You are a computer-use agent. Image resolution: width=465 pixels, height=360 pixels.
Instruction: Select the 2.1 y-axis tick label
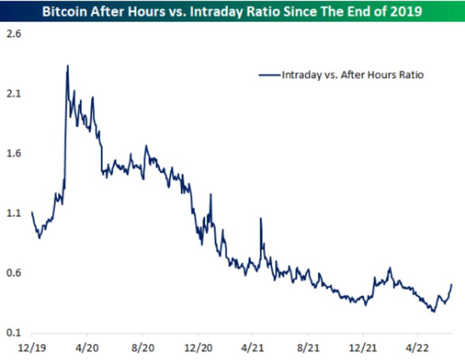[x=13, y=94]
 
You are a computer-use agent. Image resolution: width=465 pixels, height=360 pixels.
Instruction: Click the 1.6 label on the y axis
[x=13, y=154]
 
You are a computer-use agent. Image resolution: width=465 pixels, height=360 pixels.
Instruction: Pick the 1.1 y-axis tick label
[x=13, y=213]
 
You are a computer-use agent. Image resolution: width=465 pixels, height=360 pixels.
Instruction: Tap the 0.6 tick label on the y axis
[x=13, y=273]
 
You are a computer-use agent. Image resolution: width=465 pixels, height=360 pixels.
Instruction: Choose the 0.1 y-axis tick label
[x=13, y=333]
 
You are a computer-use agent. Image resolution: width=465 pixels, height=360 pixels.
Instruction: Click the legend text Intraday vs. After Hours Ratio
[x=352, y=74]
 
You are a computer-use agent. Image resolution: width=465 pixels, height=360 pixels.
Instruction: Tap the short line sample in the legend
[x=269, y=74]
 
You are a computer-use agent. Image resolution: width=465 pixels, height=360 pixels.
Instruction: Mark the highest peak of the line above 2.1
[x=67, y=66]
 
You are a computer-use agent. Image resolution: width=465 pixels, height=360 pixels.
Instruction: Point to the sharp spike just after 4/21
[x=261, y=219]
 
